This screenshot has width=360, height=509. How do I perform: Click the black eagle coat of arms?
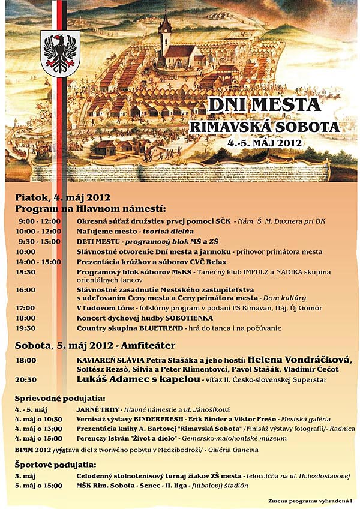pyautogui.click(x=62, y=53)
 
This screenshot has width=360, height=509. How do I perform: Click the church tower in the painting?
pyautogui.click(x=164, y=33)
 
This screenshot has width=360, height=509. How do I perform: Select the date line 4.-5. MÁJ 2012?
pyautogui.click(x=265, y=144)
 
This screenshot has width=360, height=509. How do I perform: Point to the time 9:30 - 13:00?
pyautogui.click(x=38, y=241)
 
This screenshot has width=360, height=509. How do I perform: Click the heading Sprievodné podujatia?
pyautogui.click(x=59, y=399)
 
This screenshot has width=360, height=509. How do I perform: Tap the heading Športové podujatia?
pyautogui.click(x=55, y=465)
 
